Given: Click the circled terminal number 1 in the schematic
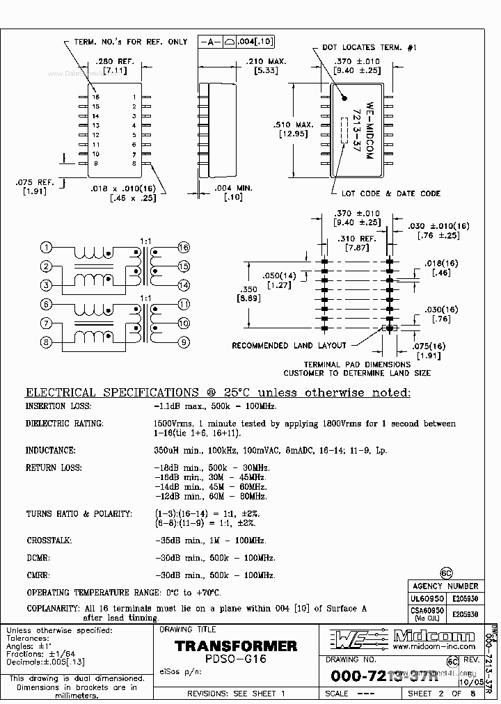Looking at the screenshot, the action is (x=46, y=248).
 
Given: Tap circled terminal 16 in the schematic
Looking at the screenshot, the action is (x=184, y=248).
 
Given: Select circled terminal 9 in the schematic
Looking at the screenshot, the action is (x=184, y=342).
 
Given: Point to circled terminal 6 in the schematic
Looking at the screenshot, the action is (x=46, y=305).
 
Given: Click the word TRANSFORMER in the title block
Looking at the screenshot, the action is (x=236, y=646).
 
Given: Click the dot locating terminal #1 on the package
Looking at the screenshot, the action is (x=343, y=98).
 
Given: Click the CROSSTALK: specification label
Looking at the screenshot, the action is (x=49, y=541).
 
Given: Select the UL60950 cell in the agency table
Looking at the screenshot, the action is (x=427, y=598).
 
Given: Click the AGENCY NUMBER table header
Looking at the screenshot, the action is (x=445, y=586).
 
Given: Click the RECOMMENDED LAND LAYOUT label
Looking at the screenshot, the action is (x=289, y=346).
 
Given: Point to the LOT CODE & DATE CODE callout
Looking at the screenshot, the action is (x=381, y=193).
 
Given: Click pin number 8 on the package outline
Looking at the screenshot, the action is (x=133, y=163).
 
